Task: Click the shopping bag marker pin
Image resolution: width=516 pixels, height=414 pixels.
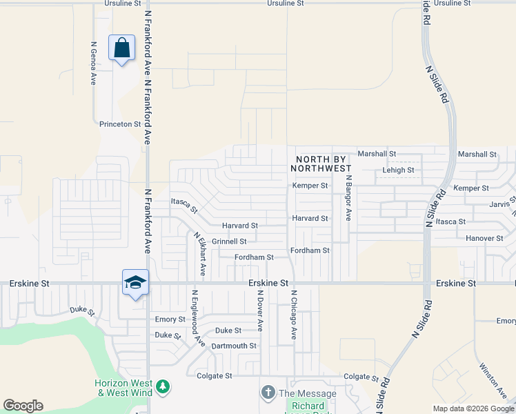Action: [122, 49]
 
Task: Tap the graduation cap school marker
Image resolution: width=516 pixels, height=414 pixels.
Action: [135, 282]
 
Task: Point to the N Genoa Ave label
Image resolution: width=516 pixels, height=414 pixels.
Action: [93, 63]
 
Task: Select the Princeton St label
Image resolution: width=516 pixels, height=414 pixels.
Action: [120, 124]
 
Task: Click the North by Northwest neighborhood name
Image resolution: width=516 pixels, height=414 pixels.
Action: [322, 164]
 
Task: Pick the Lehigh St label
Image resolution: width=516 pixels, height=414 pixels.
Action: [398, 170]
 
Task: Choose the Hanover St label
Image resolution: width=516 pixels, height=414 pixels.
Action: [484, 238]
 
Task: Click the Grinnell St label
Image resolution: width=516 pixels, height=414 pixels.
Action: [229, 241]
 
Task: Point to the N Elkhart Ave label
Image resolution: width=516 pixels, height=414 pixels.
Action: [200, 254]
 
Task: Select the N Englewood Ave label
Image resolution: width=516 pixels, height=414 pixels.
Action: [199, 318]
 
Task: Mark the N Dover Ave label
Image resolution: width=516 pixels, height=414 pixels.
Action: [260, 310]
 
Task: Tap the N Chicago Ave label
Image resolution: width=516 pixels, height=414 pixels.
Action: [293, 314]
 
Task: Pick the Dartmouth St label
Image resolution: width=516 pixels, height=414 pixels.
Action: [234, 346]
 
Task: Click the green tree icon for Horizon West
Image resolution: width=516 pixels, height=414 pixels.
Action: [162, 386]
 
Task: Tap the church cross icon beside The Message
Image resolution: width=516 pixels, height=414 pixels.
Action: [268, 393]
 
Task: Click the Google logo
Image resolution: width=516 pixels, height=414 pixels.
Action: [23, 406]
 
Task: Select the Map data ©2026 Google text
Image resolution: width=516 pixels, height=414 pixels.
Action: [473, 408]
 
